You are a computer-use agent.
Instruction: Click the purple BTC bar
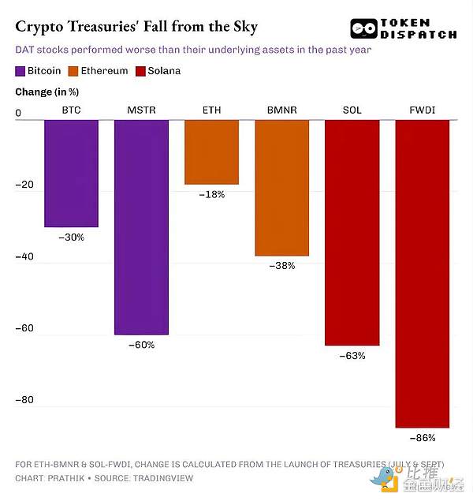click(71, 173)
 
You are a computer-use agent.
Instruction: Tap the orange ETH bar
click(211, 151)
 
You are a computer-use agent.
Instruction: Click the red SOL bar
click(352, 233)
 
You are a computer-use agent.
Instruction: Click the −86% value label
click(422, 438)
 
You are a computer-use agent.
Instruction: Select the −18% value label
click(211, 194)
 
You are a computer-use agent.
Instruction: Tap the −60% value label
click(141, 345)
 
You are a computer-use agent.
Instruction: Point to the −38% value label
click(281, 266)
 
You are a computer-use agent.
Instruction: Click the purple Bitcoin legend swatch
click(20, 71)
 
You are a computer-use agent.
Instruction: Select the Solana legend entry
click(158, 71)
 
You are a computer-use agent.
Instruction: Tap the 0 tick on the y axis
click(18, 114)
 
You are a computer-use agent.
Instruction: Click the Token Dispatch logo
click(403, 28)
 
